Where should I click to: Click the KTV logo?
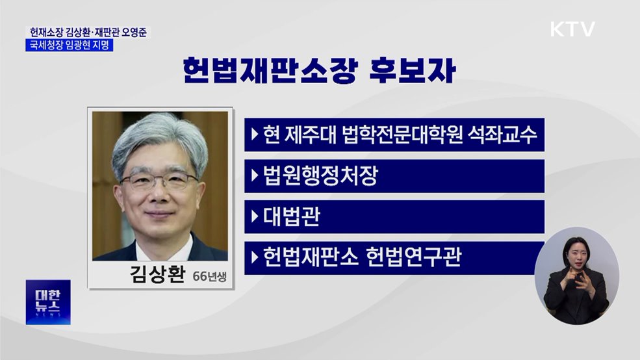(x=572, y=29)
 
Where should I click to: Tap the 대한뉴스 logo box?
(x=47, y=302)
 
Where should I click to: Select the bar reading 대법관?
(x=394, y=217)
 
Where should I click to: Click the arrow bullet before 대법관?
(x=254, y=217)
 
